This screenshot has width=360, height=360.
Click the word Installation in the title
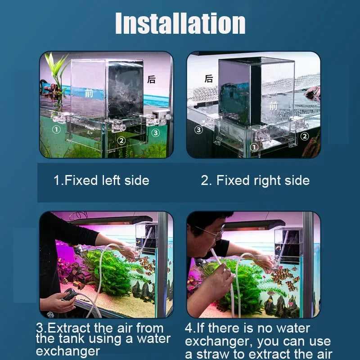click(x=180, y=23)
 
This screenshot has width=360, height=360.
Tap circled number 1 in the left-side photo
click(x=56, y=130)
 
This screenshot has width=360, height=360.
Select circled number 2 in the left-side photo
click(x=121, y=140)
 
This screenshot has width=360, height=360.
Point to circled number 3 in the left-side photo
click(x=155, y=133)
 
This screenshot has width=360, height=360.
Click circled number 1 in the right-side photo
click(x=254, y=147)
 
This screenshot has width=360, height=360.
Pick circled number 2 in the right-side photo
click(x=305, y=136)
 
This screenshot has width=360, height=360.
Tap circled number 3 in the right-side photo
click(x=198, y=130)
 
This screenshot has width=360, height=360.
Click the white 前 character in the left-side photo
click(x=89, y=93)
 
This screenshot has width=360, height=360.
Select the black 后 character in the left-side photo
click(x=152, y=80)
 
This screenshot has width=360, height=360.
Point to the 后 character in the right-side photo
click(x=209, y=79)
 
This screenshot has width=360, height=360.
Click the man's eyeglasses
click(x=211, y=232)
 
